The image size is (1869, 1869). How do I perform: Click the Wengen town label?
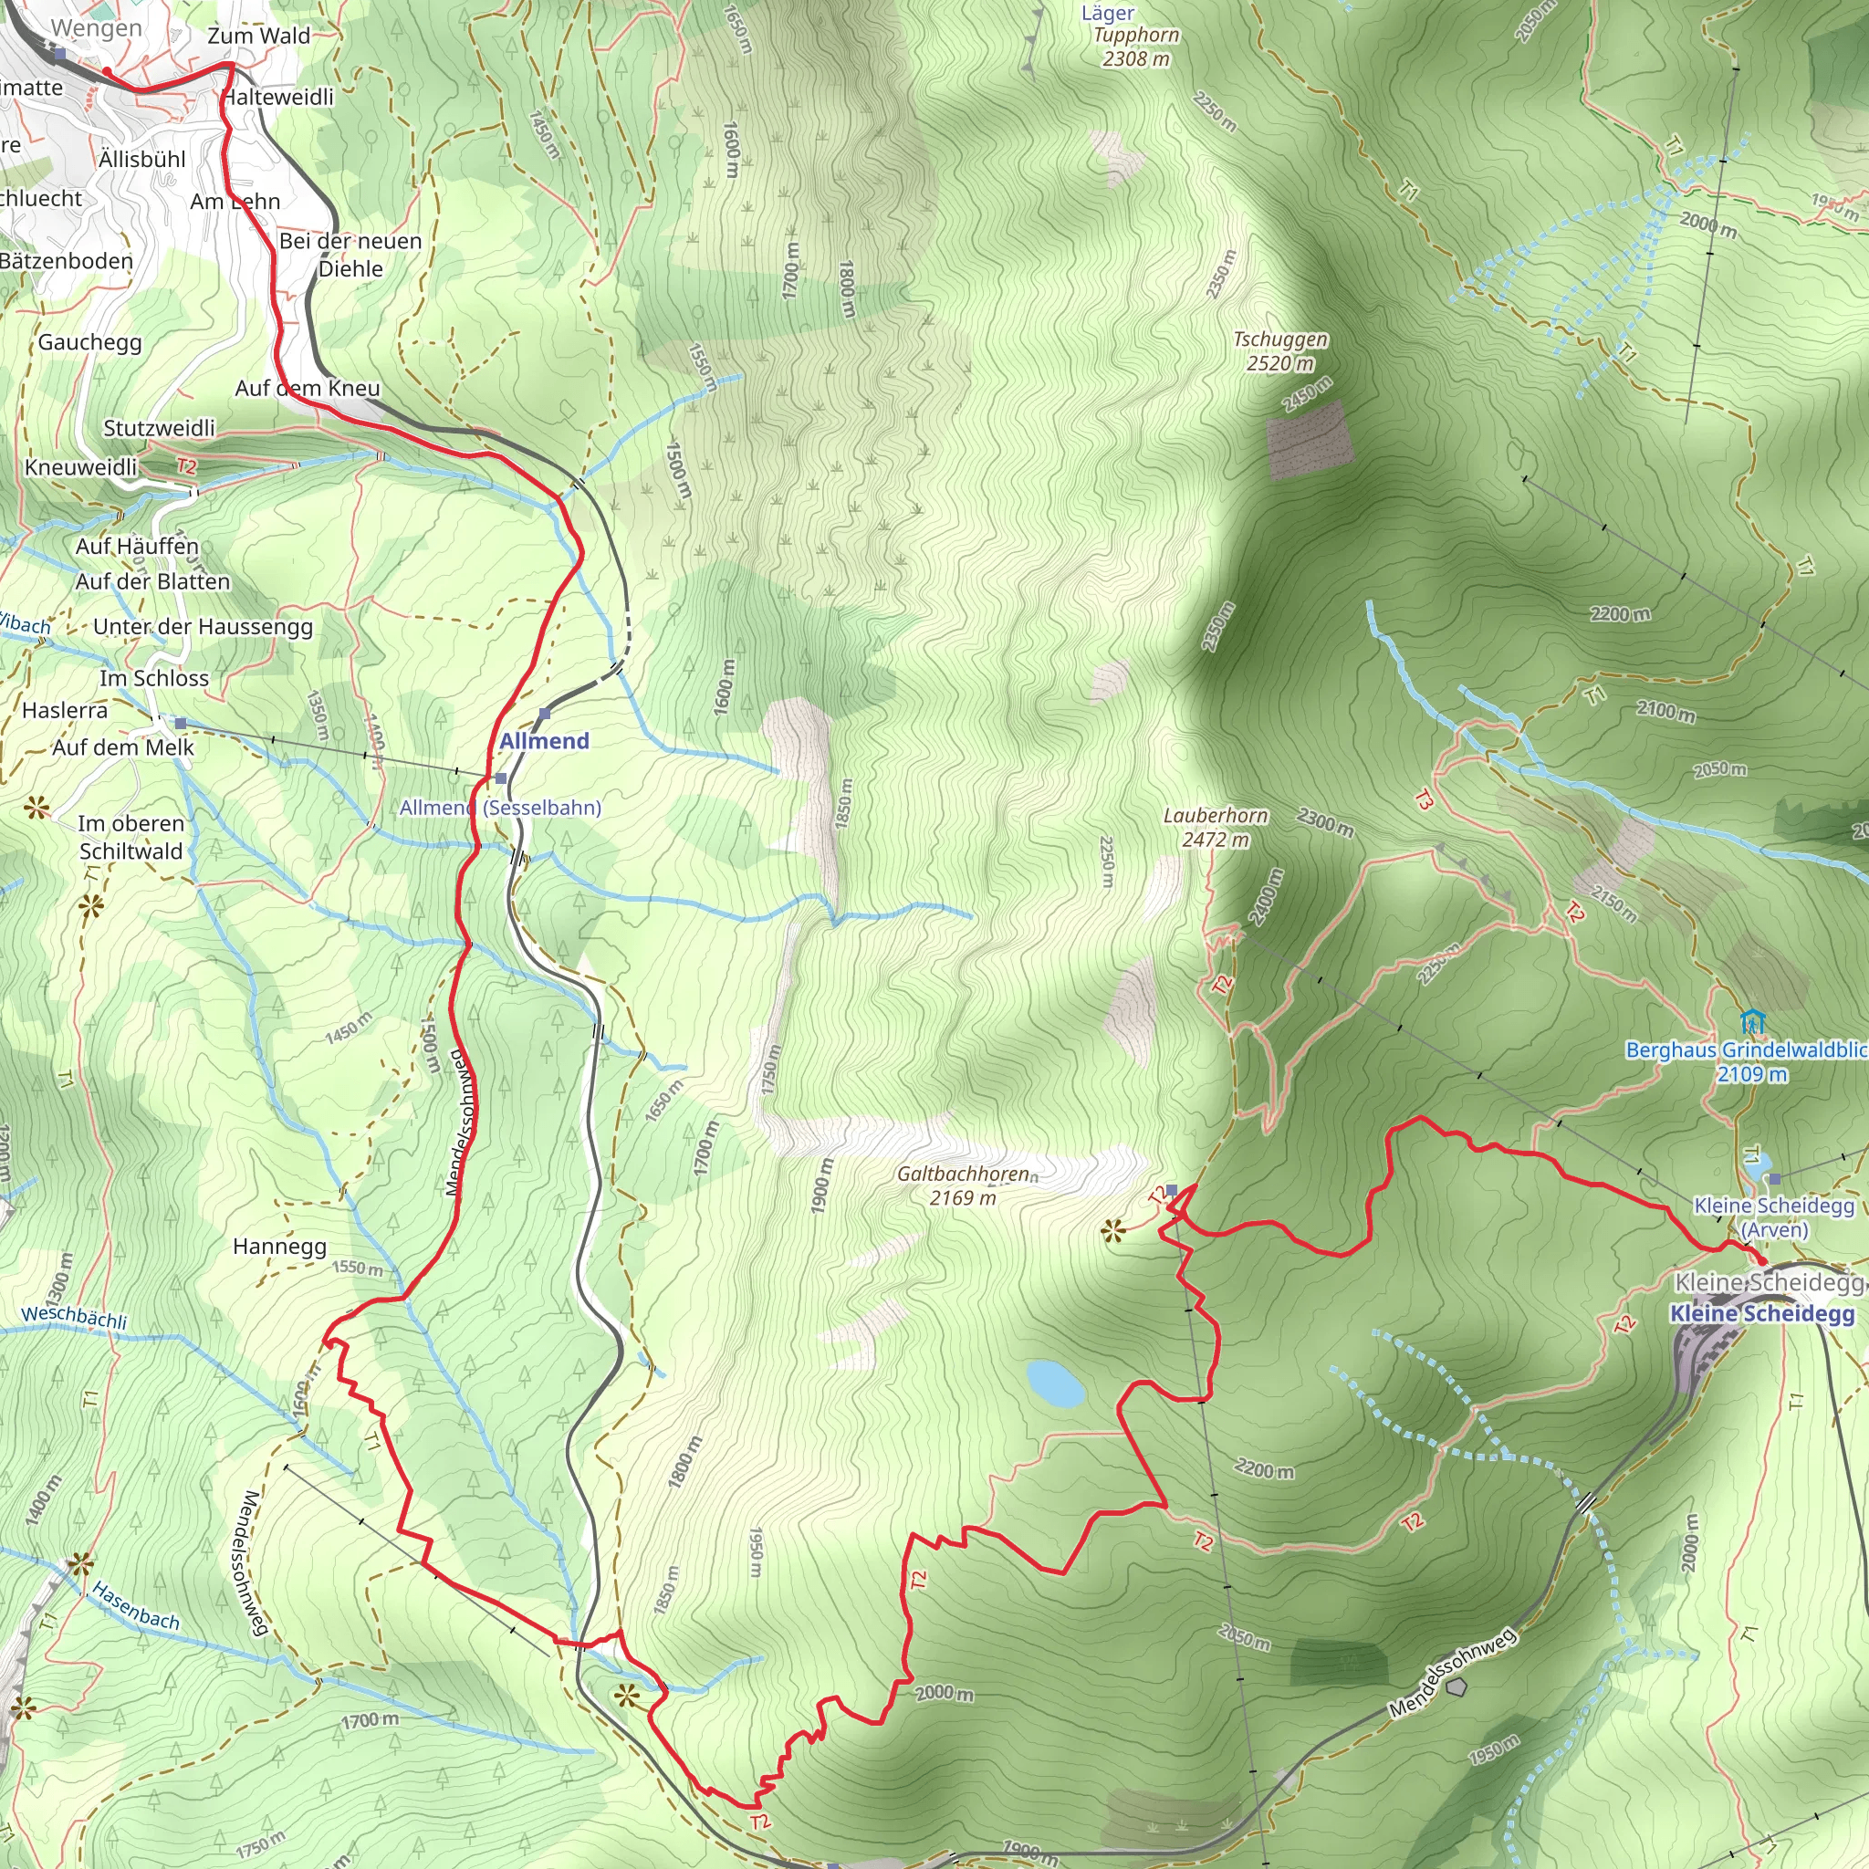pos(96,28)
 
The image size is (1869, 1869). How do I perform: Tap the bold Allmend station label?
pos(544,741)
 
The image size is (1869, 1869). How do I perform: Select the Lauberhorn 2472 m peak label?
pos(1215,828)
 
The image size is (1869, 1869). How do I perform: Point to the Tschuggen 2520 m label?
pos(1279,351)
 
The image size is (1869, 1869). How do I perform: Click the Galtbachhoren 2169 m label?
pos(964,1185)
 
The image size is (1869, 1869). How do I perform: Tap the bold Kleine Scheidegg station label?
pos(1762,1314)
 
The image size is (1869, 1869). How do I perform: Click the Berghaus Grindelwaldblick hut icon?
pos(1752,1021)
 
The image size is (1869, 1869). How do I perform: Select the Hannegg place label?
pos(279,1246)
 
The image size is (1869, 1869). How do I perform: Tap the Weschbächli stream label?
pos(75,1317)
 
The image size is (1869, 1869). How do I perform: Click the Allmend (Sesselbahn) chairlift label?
pos(500,808)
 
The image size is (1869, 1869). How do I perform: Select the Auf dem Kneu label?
pos(308,388)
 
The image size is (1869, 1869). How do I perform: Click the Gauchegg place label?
pos(90,342)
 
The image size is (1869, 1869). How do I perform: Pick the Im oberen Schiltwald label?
pos(131,838)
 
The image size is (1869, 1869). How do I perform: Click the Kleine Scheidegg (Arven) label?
pos(1773,1218)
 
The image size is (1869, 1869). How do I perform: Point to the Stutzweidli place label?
pos(160,428)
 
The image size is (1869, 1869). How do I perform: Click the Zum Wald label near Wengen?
pos(258,37)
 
